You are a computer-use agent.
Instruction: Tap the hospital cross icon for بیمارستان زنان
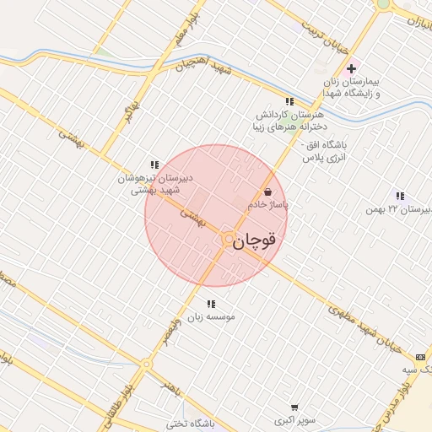pos(352,68)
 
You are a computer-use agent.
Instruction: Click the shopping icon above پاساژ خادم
pos(268,192)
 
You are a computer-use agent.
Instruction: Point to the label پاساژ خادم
pos(268,205)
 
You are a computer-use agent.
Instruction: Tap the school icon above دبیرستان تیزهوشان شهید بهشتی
pos(154,165)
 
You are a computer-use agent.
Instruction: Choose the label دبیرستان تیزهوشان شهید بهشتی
pos(154,183)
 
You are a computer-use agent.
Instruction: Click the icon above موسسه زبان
pos(210,303)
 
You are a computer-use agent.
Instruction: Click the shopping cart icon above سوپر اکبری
pos(294,407)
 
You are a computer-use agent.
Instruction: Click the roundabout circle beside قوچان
pos(227,240)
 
